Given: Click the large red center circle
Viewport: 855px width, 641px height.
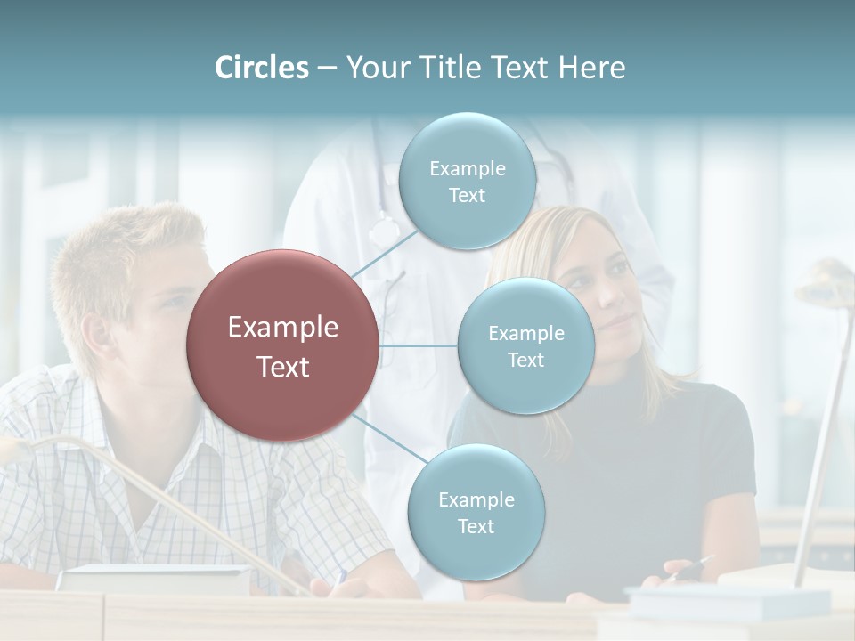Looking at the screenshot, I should pyautogui.click(x=282, y=345).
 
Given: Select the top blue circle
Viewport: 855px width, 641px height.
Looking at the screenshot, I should pyautogui.click(x=467, y=182).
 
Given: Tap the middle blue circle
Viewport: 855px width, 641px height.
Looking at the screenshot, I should pyautogui.click(x=525, y=345).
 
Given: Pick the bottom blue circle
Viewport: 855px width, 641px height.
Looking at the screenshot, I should pyautogui.click(x=476, y=512).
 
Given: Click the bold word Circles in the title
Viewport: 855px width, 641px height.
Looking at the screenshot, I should pyautogui.click(x=262, y=68).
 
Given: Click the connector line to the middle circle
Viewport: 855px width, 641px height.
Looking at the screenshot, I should pyautogui.click(x=419, y=345).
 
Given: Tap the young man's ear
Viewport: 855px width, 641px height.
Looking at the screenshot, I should pyautogui.click(x=97, y=334).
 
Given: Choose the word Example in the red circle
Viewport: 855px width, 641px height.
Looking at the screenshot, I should pyautogui.click(x=282, y=328).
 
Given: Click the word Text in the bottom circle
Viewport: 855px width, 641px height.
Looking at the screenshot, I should pyautogui.click(x=476, y=526).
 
